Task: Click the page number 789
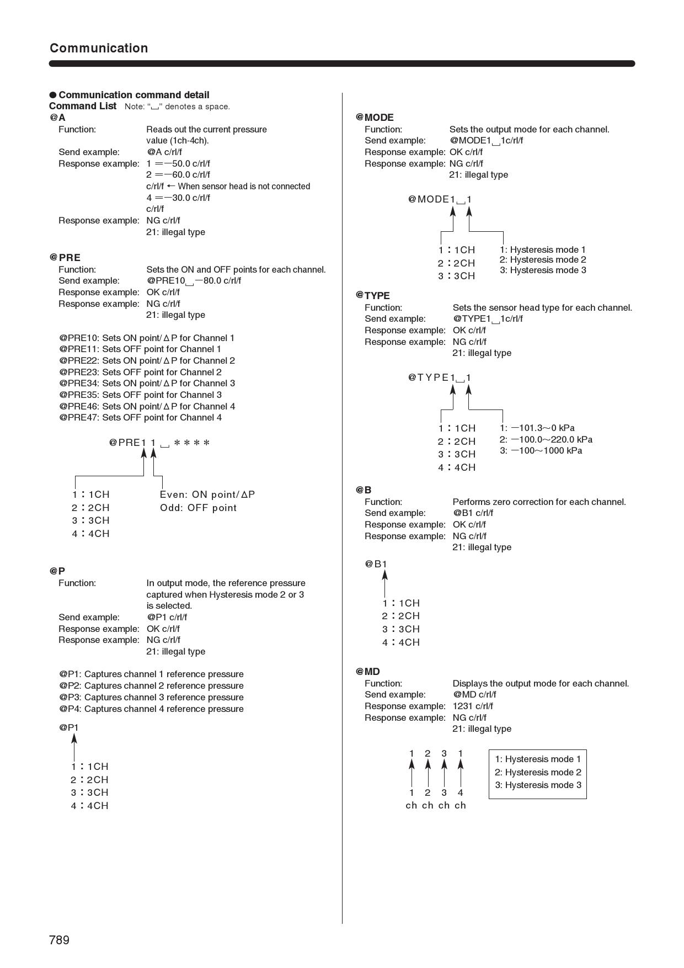[x=59, y=940]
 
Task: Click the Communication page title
[x=99, y=48]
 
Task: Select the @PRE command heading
[x=65, y=258]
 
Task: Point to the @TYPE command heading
[x=373, y=296]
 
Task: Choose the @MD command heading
[x=368, y=672]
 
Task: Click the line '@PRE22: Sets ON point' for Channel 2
[x=147, y=361]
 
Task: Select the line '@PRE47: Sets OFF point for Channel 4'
[x=141, y=418]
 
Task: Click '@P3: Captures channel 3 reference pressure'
[x=151, y=698]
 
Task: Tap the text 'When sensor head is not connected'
[x=244, y=187]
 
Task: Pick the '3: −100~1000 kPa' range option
[x=541, y=451]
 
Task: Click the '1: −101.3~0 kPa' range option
[x=537, y=428]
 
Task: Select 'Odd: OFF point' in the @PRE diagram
[x=198, y=508]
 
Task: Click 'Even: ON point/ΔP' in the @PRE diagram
[x=207, y=495]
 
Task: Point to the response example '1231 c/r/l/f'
[x=473, y=706]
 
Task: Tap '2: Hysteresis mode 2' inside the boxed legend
[x=537, y=773]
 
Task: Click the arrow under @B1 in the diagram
[x=385, y=583]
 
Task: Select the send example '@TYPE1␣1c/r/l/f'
[x=488, y=319]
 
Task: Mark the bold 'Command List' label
[x=83, y=106]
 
